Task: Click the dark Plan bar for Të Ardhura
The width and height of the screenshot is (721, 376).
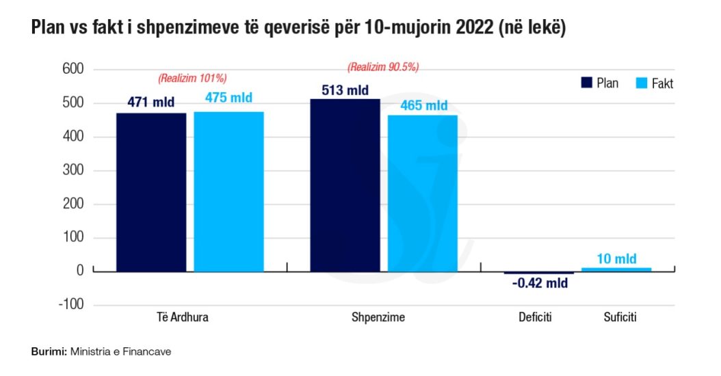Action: point(150,192)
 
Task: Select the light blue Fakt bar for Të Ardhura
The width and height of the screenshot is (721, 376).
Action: point(228,191)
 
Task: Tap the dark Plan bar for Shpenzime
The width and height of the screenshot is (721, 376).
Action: point(345,185)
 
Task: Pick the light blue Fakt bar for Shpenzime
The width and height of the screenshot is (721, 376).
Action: point(422,193)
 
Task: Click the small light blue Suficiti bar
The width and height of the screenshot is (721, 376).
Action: point(616,269)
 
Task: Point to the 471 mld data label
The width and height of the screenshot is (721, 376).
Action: point(150,103)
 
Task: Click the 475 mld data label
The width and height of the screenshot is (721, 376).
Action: point(228,98)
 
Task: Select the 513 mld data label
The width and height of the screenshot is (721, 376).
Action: point(345,90)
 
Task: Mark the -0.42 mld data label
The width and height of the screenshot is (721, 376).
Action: point(540,283)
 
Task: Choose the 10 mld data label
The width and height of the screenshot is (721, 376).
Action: point(616,258)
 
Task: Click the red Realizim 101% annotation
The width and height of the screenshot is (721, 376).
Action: point(192,78)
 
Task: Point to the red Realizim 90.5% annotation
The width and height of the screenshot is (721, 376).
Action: point(383,67)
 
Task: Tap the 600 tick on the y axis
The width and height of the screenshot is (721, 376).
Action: point(73,69)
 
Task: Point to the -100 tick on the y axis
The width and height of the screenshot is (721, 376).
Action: point(70,305)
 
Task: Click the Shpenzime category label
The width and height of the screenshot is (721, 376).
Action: point(378,318)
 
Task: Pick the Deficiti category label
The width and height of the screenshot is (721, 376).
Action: point(534,318)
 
